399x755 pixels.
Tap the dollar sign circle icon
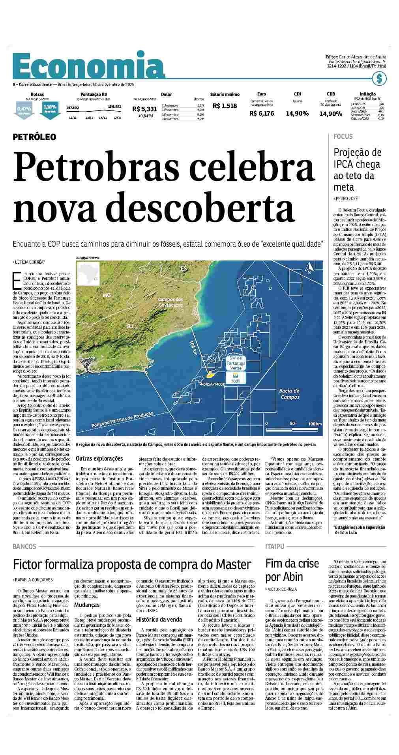pyautogui.click(x=379, y=79)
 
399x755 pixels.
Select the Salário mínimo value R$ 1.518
pyautogui.click(x=225, y=106)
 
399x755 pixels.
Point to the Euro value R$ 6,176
pyautogui.click(x=261, y=113)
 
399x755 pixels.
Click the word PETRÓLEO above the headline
pyautogui.click(x=34, y=137)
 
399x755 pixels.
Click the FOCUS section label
pyautogui.click(x=343, y=137)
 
